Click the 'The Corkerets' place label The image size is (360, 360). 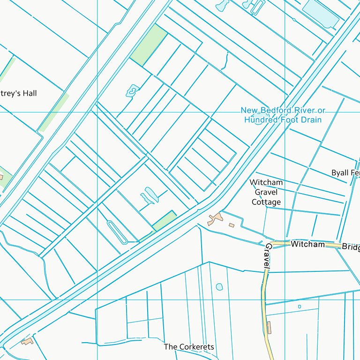pyautogui.click(x=189, y=347)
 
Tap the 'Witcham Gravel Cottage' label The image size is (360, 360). pyautogui.click(x=266, y=192)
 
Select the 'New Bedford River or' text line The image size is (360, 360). pyautogui.click(x=283, y=110)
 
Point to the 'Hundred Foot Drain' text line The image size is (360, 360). pyautogui.click(x=283, y=120)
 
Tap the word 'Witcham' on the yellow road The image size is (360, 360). pyautogui.click(x=307, y=244)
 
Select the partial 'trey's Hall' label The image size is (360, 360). pyautogui.click(x=18, y=93)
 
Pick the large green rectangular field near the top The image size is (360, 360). pyautogui.click(x=149, y=45)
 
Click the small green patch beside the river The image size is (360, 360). pyautogui.click(x=164, y=221)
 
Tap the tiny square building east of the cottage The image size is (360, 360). pyautogui.click(x=232, y=225)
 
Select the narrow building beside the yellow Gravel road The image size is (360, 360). pyautogui.click(x=269, y=327)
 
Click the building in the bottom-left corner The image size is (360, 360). pyautogui.click(x=27, y=341)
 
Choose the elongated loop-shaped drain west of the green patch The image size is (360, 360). pyautogui.click(x=117, y=232)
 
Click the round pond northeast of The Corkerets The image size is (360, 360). pyautogui.click(x=219, y=286)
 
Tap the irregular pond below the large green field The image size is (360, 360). pyautogui.click(x=133, y=90)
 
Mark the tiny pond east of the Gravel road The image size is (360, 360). pyautogui.click(x=300, y=307)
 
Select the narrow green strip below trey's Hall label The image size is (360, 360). pyautogui.click(x=54, y=112)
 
